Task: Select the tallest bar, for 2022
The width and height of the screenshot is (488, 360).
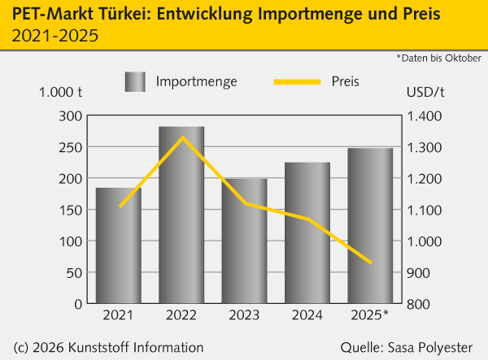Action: (x=181, y=215)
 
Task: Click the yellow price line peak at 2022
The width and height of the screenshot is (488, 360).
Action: (x=182, y=137)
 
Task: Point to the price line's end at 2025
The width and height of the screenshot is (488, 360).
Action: (x=371, y=262)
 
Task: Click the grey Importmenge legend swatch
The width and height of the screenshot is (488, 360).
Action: (x=135, y=81)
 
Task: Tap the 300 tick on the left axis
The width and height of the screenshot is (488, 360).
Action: (x=71, y=116)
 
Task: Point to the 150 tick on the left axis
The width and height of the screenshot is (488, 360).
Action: (x=71, y=210)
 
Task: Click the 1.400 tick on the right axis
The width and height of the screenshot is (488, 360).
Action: (x=425, y=116)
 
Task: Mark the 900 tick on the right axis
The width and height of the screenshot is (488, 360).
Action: (x=421, y=273)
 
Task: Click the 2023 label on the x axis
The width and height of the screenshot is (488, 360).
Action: (x=245, y=314)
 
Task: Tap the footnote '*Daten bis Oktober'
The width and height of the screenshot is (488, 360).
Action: (x=438, y=58)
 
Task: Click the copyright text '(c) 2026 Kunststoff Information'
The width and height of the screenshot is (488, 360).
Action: (x=109, y=347)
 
